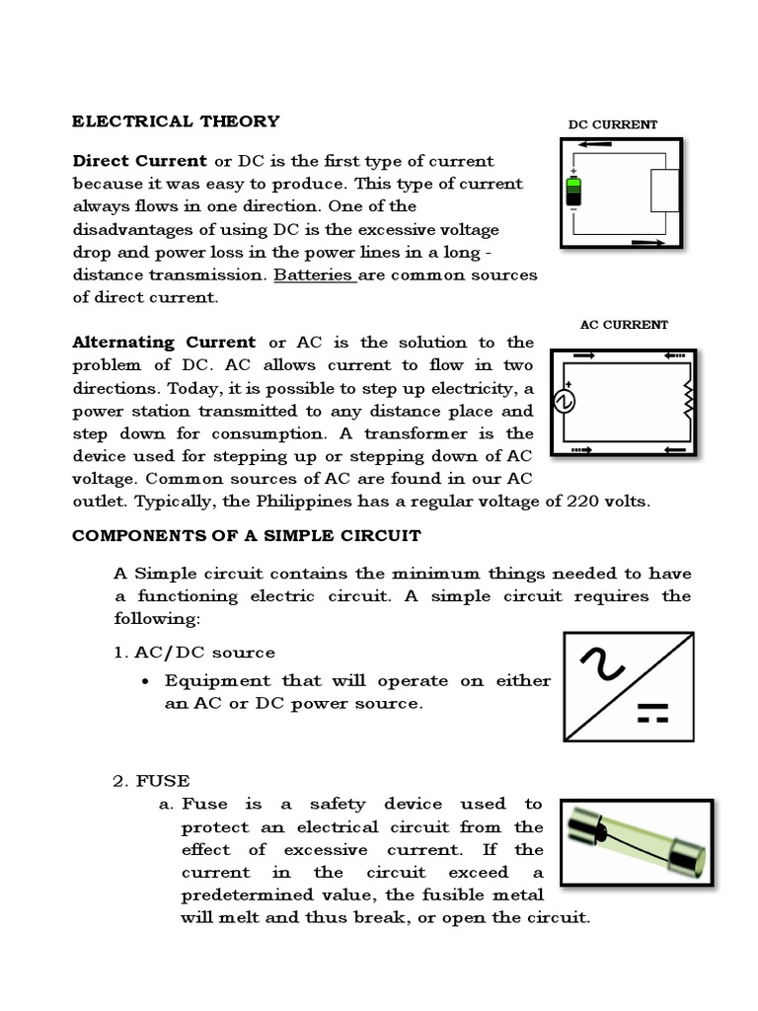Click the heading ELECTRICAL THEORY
tap(176, 121)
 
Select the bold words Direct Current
tap(139, 161)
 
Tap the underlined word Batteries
tap(313, 274)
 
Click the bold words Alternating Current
tap(164, 343)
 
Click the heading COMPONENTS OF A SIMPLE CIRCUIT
tap(246, 536)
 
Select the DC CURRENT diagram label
tap(612, 124)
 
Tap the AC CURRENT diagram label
tap(624, 324)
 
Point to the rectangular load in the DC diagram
tap(664, 190)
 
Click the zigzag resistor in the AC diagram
tap(688, 400)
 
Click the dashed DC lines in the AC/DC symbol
tap(653, 715)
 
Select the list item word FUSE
tap(163, 781)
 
